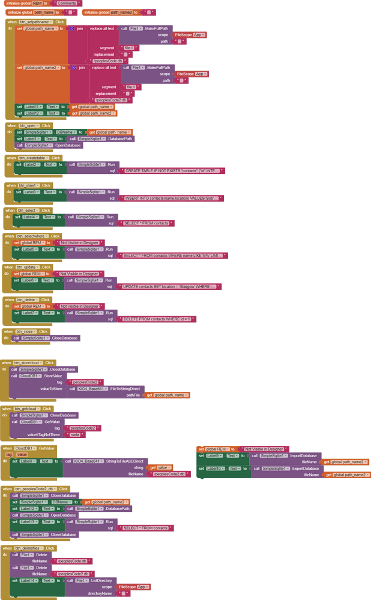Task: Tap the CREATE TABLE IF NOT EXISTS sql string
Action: coord(173,171)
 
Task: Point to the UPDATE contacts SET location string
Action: coord(169,287)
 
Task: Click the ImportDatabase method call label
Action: coord(304,455)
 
